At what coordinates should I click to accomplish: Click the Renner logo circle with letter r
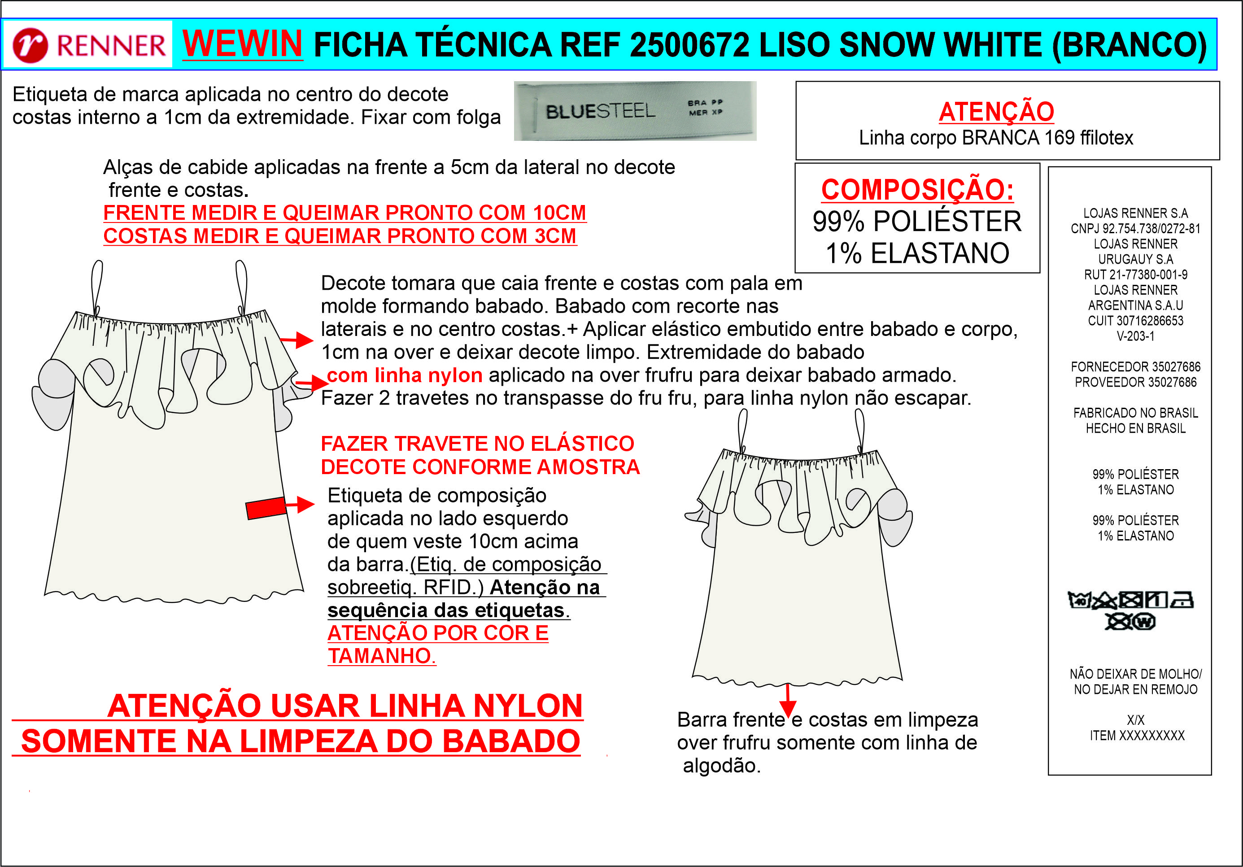(x=31, y=45)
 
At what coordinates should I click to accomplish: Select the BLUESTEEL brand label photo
(x=635, y=111)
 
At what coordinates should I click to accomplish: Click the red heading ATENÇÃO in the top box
(x=996, y=112)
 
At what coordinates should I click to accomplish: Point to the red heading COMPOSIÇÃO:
(x=917, y=189)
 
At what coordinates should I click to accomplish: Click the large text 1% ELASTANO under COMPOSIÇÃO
(x=917, y=253)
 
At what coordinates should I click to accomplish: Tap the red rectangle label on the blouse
(x=266, y=508)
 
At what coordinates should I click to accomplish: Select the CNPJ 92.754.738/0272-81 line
(x=1135, y=228)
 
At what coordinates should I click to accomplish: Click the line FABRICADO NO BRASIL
(x=1135, y=413)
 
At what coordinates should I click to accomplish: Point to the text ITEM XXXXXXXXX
(x=1137, y=736)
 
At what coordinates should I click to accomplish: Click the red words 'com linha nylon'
(x=405, y=375)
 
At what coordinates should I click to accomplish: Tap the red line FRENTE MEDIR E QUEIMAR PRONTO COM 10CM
(x=345, y=213)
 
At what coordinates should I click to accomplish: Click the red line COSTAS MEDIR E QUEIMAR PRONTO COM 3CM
(x=340, y=236)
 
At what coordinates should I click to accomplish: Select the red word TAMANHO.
(x=382, y=656)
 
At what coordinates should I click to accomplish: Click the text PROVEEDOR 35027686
(x=1135, y=382)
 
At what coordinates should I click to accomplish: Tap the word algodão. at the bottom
(x=722, y=766)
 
